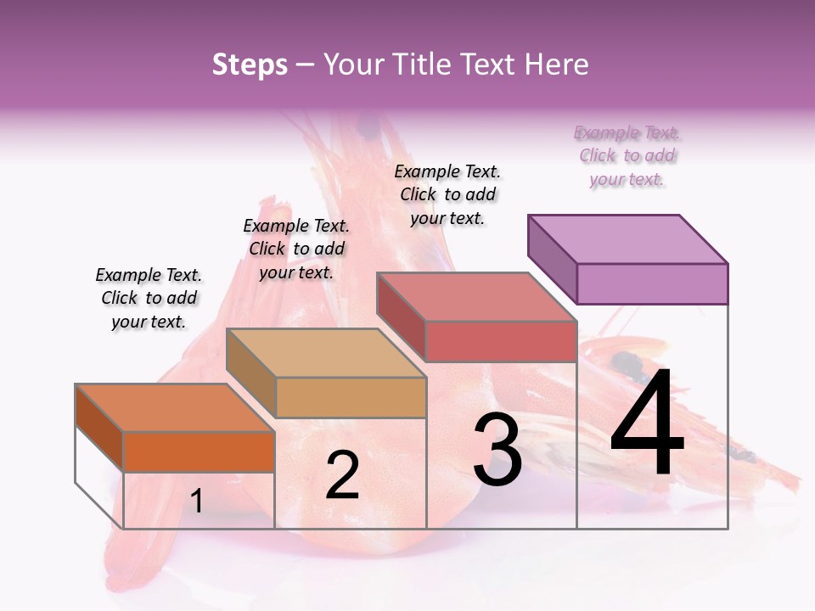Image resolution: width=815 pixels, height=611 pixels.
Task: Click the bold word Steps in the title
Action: (250, 64)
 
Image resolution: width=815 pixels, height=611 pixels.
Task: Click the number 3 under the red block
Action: (497, 450)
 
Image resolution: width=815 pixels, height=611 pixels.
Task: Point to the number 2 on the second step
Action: (342, 475)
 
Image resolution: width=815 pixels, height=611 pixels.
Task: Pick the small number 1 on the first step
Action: (197, 501)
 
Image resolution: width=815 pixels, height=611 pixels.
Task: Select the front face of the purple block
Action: (652, 283)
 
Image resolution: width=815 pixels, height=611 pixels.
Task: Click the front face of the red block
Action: (501, 341)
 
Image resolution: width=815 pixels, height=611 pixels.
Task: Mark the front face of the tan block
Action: (351, 397)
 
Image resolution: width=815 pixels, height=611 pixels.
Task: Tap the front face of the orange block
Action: (199, 451)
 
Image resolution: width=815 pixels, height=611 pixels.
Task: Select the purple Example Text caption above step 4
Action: (627, 156)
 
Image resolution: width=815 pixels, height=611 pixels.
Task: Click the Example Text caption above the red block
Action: (447, 194)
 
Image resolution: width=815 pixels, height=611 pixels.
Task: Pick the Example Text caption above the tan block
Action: (296, 249)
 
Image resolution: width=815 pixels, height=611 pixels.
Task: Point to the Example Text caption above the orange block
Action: (149, 298)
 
